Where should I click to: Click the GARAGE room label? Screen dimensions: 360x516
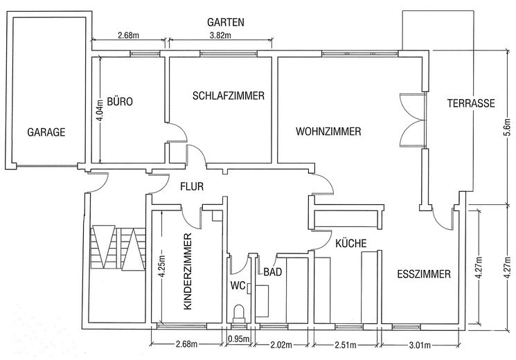pos(46,132)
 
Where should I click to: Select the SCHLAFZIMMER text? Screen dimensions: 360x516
pos(229,96)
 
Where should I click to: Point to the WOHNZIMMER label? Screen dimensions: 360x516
pos(328,132)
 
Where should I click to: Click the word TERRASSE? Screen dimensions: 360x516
pos(470,103)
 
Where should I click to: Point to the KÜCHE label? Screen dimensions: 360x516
pos(350,243)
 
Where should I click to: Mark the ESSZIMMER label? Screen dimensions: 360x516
pos(424,274)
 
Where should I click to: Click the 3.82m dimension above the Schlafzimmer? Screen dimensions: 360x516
pos(220,36)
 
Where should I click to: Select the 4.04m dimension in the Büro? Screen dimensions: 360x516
pos(100,109)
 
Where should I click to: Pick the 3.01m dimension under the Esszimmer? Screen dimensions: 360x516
pos(420,345)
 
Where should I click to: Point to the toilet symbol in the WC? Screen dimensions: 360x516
pos(240,312)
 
